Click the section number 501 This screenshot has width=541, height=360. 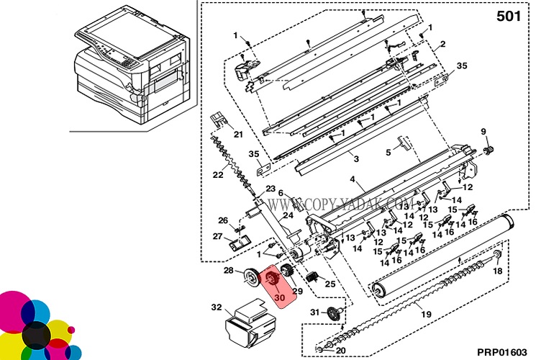coord(509,16)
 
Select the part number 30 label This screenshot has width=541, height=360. coord(278,295)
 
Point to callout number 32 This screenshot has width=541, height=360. coord(216,307)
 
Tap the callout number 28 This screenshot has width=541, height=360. coord(228,271)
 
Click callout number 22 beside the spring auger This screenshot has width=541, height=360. coord(218,175)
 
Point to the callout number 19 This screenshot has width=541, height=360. coord(426,314)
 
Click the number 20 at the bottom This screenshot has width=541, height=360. coord(341,351)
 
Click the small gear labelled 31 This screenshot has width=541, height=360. coord(333,313)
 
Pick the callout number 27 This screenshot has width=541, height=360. coord(217,236)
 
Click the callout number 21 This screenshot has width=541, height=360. coord(238,135)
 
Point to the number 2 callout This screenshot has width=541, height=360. coord(443,45)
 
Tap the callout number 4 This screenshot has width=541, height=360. coord(353,179)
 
